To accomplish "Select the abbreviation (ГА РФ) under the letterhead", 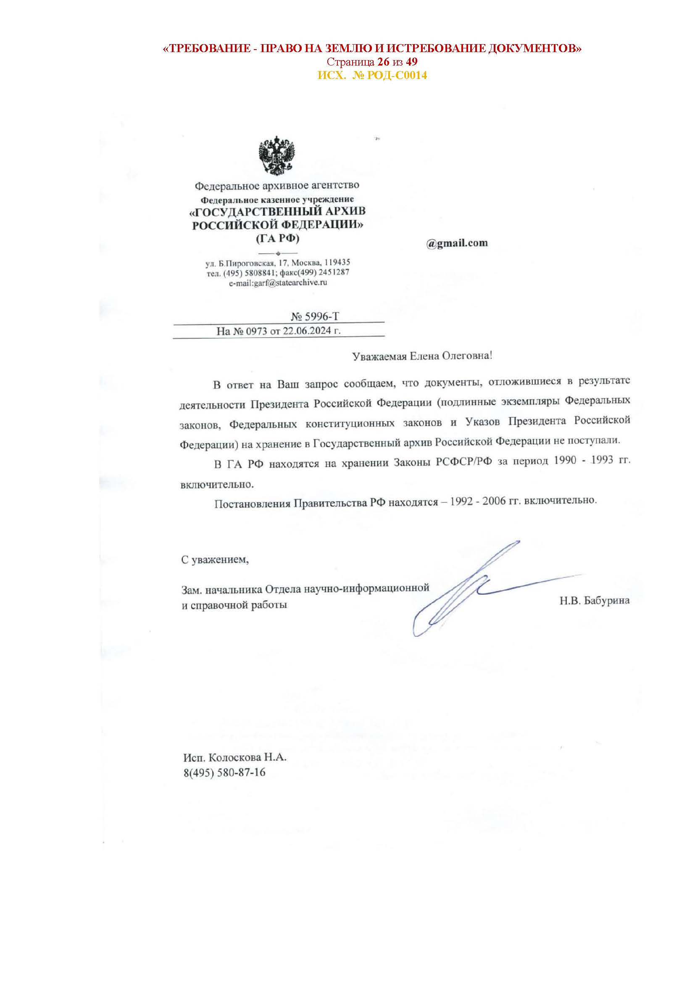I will (x=277, y=238).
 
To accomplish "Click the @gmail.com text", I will (x=457, y=243).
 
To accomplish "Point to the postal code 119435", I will (x=337, y=262).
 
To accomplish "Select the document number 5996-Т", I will (x=321, y=316).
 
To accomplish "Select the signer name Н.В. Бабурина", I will (x=594, y=601).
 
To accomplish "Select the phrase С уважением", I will (x=215, y=559).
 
